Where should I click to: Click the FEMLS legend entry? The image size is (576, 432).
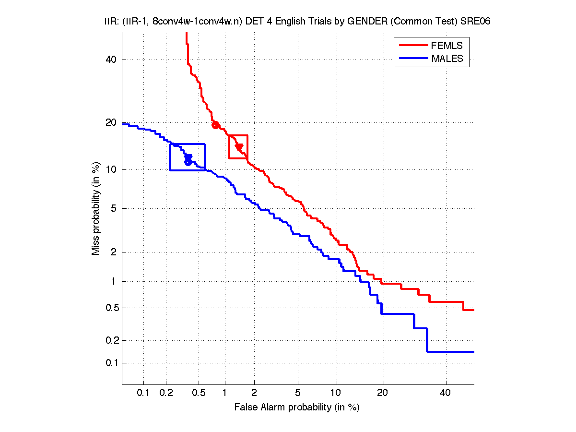[447, 46]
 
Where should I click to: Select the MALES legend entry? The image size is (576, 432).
[447, 59]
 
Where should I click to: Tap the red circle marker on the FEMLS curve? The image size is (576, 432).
[215, 125]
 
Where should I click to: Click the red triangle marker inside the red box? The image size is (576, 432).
[239, 147]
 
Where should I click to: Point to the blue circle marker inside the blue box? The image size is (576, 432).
[188, 162]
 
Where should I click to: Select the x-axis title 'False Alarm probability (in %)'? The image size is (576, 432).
[297, 408]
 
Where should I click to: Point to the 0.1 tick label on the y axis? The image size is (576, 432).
[111, 363]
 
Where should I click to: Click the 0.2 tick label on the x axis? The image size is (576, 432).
[166, 394]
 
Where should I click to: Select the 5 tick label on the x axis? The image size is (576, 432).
[298, 394]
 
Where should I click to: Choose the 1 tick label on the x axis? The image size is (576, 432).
[224, 394]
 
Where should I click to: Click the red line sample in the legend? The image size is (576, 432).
[412, 46]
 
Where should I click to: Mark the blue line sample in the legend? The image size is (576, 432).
[412, 59]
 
